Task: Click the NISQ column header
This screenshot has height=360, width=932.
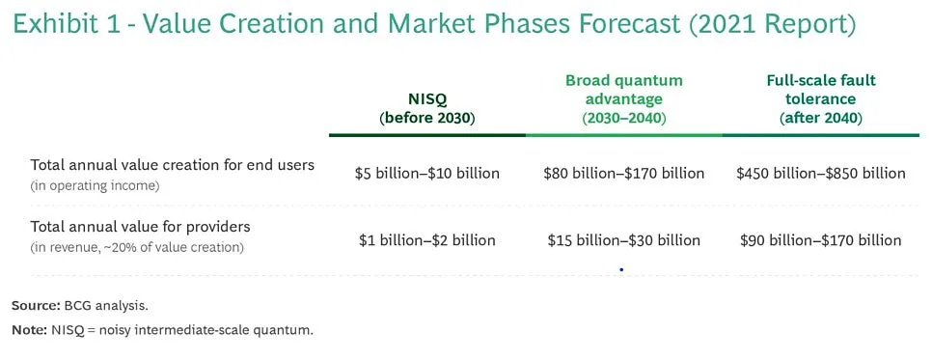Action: tap(427, 109)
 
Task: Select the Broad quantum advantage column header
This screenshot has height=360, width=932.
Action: tap(623, 99)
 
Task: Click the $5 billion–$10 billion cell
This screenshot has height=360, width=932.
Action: tap(427, 174)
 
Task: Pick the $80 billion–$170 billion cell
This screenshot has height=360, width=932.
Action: tap(623, 174)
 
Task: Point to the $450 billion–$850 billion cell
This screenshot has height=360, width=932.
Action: tap(821, 174)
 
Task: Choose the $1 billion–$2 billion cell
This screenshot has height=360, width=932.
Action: tap(427, 240)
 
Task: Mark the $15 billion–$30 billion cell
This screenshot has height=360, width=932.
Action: tap(623, 240)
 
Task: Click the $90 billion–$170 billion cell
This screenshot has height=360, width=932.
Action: tap(821, 240)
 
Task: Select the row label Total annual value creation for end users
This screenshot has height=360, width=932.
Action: tap(173, 165)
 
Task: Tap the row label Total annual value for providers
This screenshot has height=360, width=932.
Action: tap(140, 227)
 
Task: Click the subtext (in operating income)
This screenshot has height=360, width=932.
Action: tap(96, 186)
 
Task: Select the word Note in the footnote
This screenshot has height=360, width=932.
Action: tap(29, 330)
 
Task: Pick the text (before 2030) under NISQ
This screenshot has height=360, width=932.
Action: tap(427, 118)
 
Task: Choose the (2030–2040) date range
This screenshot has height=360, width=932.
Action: tap(623, 118)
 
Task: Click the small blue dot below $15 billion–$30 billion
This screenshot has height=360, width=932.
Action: tap(621, 269)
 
